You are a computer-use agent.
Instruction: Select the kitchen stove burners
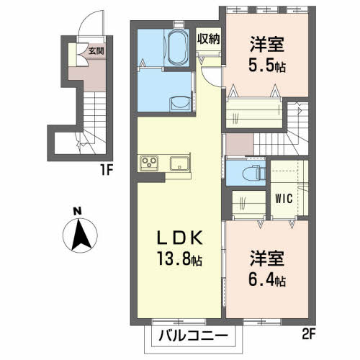click(x=149, y=163)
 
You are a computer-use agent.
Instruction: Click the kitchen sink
click(x=179, y=163)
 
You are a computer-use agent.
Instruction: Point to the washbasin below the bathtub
click(x=179, y=104)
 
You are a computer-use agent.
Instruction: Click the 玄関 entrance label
click(x=96, y=50)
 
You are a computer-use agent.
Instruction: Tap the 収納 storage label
click(x=208, y=39)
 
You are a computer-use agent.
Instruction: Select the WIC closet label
click(x=284, y=199)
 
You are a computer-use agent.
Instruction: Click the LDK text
click(x=179, y=238)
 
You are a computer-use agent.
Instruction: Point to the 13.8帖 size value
click(x=179, y=258)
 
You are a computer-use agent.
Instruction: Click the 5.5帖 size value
click(x=267, y=65)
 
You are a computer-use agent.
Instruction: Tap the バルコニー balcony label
click(x=193, y=336)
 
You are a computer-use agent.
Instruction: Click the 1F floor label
click(x=107, y=170)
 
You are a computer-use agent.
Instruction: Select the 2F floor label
click(x=308, y=334)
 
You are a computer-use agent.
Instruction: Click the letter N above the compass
click(x=77, y=212)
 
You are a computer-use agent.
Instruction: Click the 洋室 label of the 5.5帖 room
click(x=267, y=44)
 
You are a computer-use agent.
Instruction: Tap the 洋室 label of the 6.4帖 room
click(x=267, y=258)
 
